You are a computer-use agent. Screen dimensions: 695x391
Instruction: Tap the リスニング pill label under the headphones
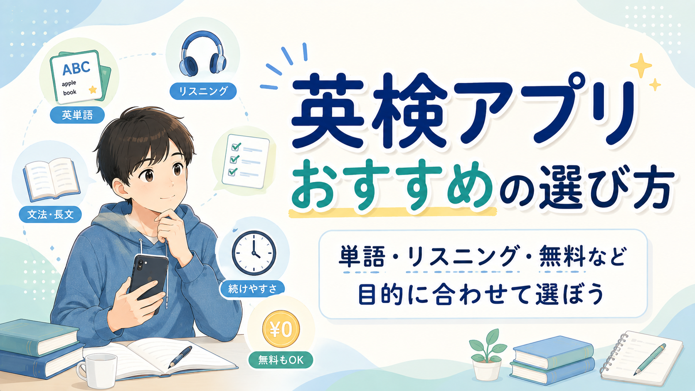point(203,91)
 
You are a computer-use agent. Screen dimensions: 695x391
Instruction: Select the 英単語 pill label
point(77,115)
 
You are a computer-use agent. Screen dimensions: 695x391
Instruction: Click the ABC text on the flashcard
point(76,68)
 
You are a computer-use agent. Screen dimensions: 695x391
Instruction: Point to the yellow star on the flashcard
point(93,90)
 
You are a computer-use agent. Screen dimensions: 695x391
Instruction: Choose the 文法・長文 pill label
point(50,214)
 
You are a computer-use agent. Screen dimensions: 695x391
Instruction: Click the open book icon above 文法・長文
point(52,180)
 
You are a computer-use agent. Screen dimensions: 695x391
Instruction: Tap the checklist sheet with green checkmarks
point(246,161)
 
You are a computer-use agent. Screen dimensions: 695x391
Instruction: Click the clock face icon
point(254,253)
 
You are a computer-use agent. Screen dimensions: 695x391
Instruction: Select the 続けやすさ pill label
point(252,289)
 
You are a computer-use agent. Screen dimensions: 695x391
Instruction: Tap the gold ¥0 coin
point(281,329)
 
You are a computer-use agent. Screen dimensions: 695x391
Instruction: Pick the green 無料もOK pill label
point(281,360)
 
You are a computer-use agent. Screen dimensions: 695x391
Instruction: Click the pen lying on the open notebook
point(180,357)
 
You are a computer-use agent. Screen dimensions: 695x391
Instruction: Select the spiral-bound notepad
point(642,359)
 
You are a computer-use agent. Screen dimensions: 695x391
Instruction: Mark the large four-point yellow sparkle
point(641,65)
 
